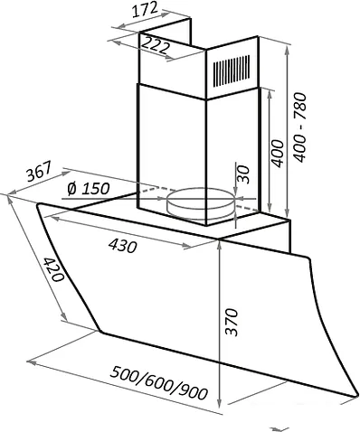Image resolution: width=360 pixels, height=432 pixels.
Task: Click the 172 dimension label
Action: [145, 10]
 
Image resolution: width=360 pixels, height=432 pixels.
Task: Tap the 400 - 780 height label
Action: [300, 127]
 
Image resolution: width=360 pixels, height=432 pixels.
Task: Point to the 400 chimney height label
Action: [278, 153]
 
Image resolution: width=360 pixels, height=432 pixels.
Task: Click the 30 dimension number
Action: [243, 174]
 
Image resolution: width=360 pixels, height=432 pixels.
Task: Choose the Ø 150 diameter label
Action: [88, 189]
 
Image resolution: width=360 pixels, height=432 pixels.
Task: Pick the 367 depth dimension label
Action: [38, 172]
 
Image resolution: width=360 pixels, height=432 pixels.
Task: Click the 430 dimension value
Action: [123, 245]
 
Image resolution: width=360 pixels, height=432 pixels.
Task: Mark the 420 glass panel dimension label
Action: [53, 269]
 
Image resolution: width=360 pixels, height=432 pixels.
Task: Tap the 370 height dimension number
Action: [232, 322]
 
